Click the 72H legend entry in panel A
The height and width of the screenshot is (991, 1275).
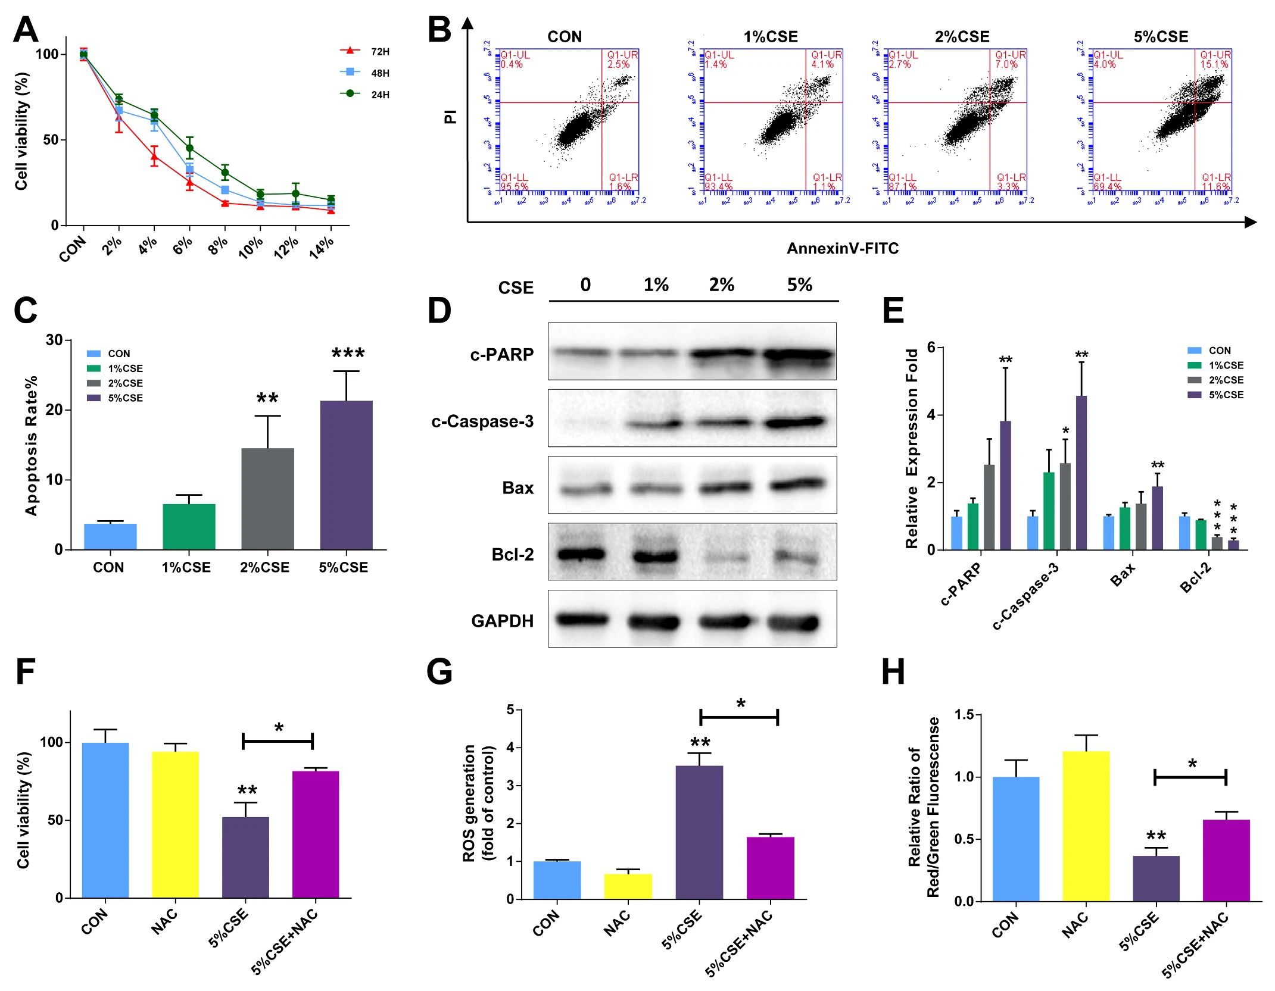point(364,52)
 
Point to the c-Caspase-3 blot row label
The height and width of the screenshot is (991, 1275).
point(482,421)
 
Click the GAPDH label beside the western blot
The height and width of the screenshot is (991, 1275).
point(502,621)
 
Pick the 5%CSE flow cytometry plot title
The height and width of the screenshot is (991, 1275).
point(1160,37)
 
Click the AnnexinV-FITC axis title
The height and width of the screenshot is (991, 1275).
point(842,248)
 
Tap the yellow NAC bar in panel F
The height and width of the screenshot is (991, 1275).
point(175,824)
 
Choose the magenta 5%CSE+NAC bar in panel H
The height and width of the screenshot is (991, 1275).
point(1226,859)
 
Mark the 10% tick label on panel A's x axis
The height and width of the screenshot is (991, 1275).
point(251,247)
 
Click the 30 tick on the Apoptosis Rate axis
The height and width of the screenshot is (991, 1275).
point(54,340)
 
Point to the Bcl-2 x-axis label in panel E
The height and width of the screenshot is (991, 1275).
point(1196,577)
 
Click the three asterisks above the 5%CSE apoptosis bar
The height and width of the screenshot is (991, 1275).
point(348,354)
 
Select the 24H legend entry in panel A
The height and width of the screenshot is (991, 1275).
point(364,95)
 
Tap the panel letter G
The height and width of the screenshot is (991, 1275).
point(439,671)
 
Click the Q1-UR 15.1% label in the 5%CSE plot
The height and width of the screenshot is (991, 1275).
point(1215,60)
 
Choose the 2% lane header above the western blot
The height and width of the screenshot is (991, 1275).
point(721,285)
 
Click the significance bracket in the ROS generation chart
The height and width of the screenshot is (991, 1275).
point(739,717)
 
